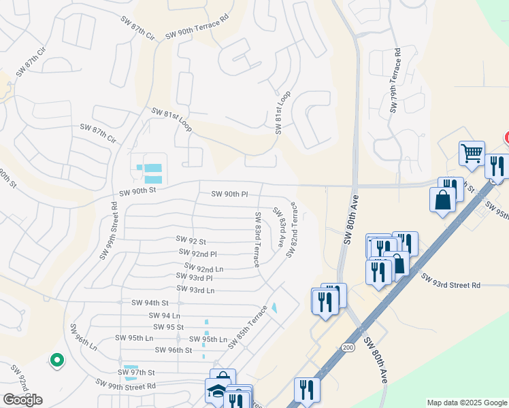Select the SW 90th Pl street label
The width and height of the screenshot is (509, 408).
coord(229,194)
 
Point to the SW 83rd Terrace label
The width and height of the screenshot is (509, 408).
coord(258,239)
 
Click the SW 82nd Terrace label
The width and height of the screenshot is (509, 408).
coord(293,229)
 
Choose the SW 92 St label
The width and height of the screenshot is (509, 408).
coord(191,239)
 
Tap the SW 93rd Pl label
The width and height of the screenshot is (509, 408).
coord(194,277)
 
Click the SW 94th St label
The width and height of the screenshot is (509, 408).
coord(150,303)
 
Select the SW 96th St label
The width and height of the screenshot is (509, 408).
coord(174,350)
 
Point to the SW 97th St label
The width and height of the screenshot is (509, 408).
coord(137,373)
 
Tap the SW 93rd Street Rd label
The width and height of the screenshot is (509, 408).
coord(450,281)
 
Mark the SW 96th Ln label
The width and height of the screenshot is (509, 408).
coord(83,337)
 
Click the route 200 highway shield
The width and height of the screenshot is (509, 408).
coord(348,347)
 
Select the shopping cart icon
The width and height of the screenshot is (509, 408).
coord(472,152)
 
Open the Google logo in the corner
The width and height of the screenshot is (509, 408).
coord(22,400)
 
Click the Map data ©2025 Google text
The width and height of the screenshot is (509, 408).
coord(467,403)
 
